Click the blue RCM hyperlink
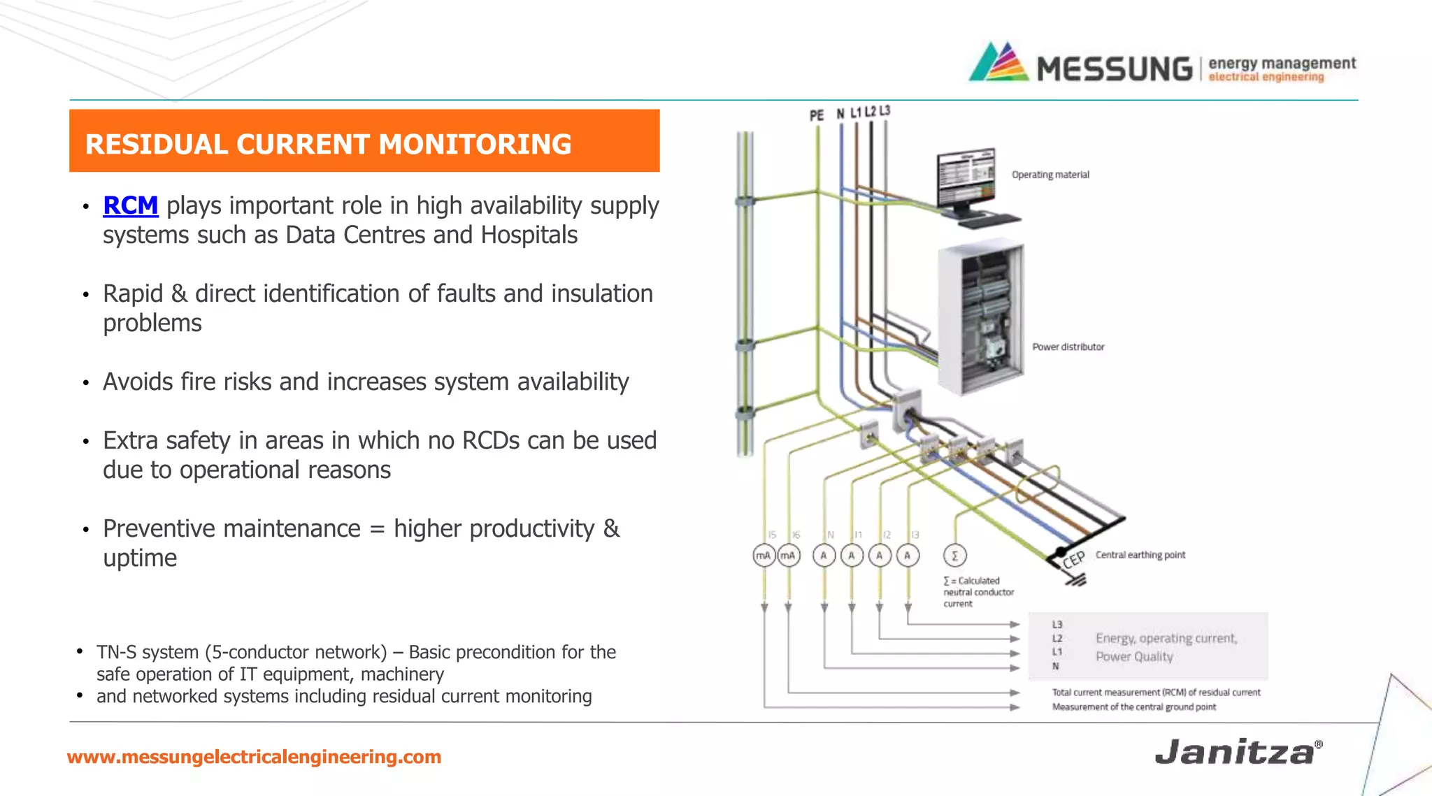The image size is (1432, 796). tap(130, 205)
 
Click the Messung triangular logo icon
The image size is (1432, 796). tap(998, 63)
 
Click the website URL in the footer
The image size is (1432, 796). tap(254, 757)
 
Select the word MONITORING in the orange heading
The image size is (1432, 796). tap(475, 144)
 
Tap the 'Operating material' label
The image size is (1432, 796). tap(1050, 175)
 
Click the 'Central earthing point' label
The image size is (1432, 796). tap(1140, 555)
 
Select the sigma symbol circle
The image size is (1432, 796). tap(954, 556)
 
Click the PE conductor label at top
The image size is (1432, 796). tap(816, 115)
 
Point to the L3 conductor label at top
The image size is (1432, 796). tap(885, 111)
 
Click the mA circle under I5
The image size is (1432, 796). tap(764, 556)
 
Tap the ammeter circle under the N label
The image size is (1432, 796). tap(824, 556)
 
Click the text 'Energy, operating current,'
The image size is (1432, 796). tap(1166, 638)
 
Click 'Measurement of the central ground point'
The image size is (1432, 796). tap(1133, 707)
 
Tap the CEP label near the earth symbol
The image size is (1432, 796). tap(1073, 559)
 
